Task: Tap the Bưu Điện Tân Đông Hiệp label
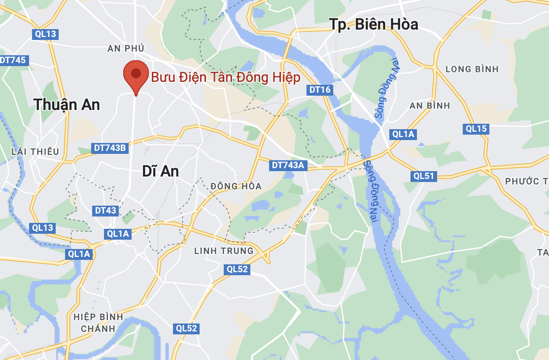(x=225, y=77)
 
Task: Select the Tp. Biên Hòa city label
(x=375, y=24)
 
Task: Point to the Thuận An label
(x=67, y=105)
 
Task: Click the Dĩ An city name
(x=160, y=171)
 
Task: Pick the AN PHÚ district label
(x=126, y=48)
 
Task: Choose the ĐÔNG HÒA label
(x=236, y=186)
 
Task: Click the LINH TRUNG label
(x=224, y=251)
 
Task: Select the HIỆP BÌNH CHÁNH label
(x=98, y=323)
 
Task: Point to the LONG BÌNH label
(x=472, y=69)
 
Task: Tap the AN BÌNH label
(x=430, y=106)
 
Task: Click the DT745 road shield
(x=13, y=60)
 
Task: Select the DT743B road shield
(x=109, y=148)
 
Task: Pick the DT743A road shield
(x=288, y=165)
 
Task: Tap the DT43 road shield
(x=105, y=211)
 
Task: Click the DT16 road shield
(x=319, y=90)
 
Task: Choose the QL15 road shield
(x=476, y=129)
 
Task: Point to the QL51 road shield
(x=423, y=176)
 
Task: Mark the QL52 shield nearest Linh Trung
(x=237, y=269)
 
